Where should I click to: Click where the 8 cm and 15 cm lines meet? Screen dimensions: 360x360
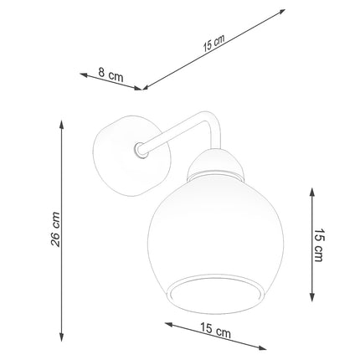click(143, 87)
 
